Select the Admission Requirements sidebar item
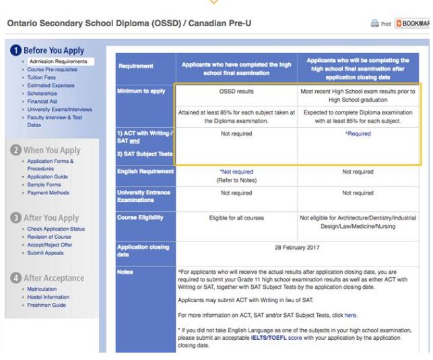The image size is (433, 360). point(58,62)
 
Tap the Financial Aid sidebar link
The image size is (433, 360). point(43,101)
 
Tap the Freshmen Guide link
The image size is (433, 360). point(46,305)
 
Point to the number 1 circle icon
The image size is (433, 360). point(14,50)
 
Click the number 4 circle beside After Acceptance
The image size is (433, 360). point(15,278)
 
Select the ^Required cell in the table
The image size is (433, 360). point(358,134)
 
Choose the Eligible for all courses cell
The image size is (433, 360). point(236,217)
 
